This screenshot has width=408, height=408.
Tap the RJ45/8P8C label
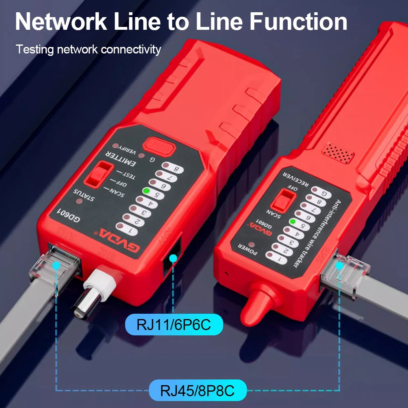[x=198, y=390]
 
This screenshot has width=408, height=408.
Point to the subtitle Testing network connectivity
[x=89, y=50]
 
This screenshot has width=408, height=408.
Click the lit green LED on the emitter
[x=146, y=191]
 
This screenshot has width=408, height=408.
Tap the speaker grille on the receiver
[x=338, y=153]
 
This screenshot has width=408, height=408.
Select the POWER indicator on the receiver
[x=246, y=246]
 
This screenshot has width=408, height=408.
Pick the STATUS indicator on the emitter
[x=80, y=201]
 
